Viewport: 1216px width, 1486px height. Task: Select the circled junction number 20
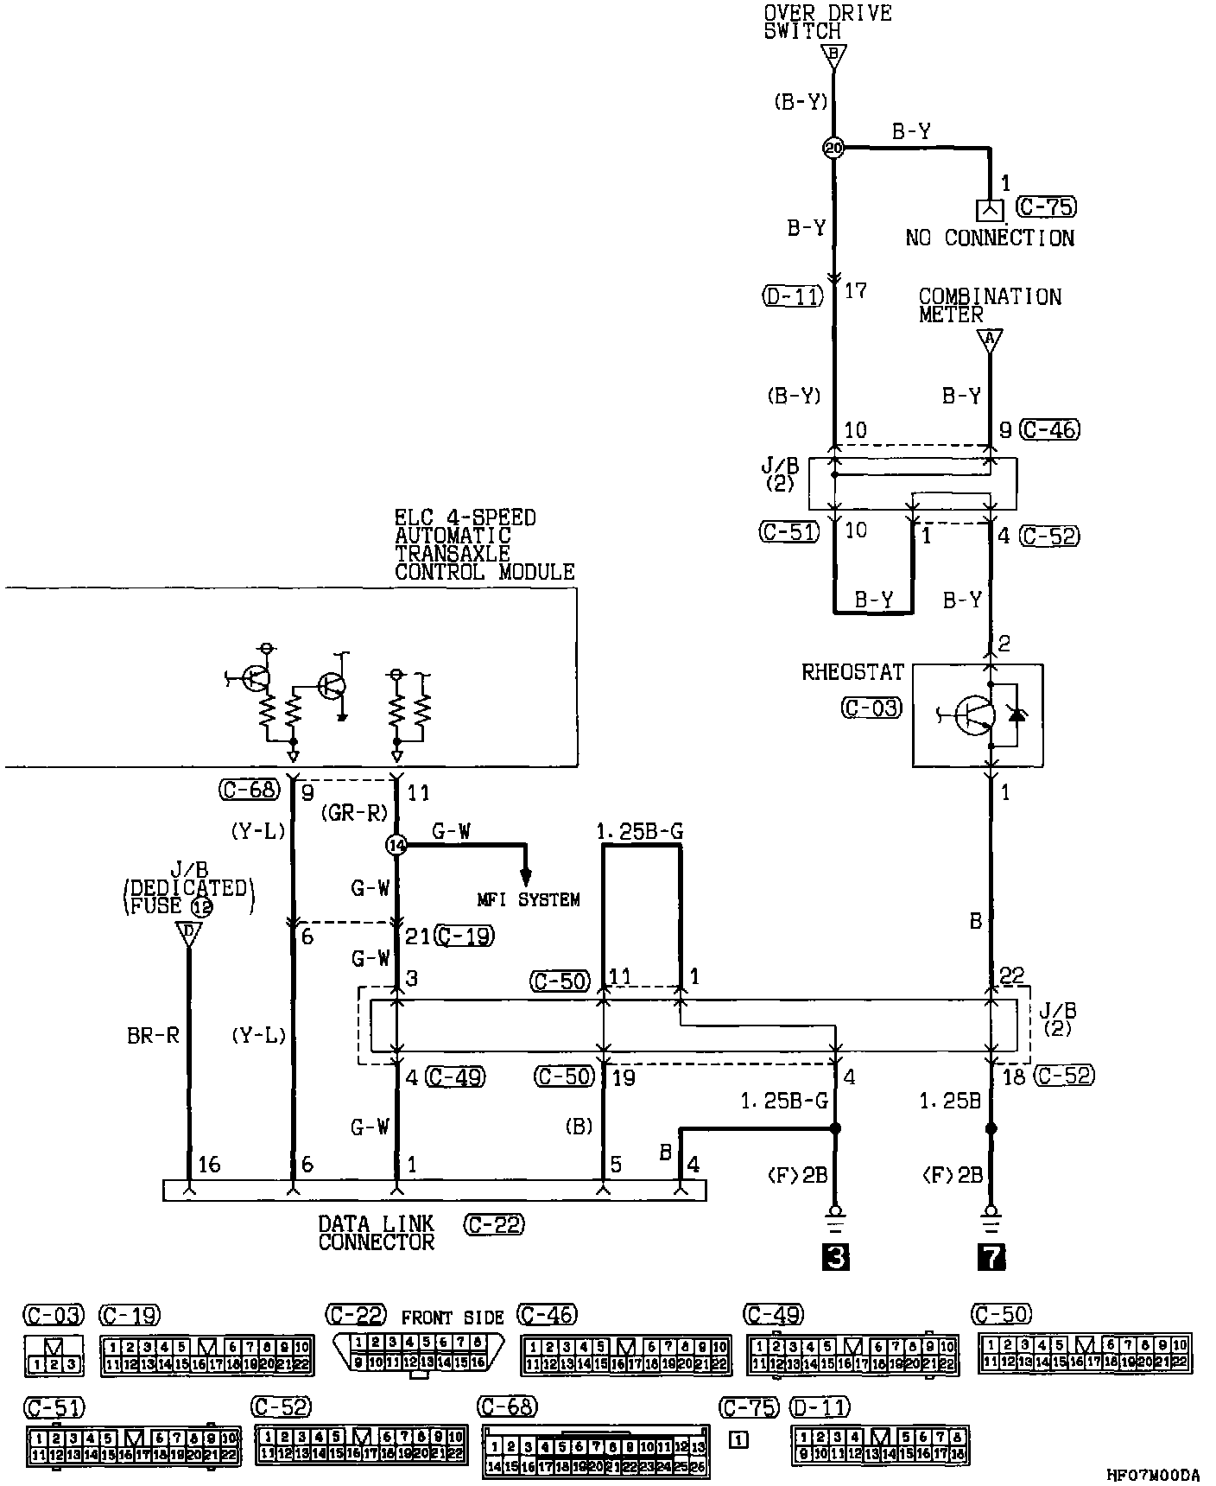(833, 149)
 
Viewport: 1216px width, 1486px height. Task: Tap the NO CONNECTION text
(990, 238)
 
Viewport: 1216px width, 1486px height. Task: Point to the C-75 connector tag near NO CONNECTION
(1047, 207)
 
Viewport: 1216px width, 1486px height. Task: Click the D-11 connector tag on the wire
(792, 296)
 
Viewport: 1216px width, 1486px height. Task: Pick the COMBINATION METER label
(990, 306)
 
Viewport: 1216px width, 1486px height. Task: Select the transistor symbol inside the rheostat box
(972, 714)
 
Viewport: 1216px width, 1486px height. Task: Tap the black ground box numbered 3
(834, 1257)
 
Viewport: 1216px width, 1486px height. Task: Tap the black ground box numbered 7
(991, 1257)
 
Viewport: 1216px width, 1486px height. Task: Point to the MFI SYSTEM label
(529, 900)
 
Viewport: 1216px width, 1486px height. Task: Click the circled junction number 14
(397, 846)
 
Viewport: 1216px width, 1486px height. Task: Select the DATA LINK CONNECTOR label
(377, 1233)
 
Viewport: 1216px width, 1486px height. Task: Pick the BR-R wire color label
(153, 1035)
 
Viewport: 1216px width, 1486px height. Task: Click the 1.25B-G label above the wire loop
(639, 832)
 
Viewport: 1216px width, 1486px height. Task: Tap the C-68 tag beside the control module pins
(249, 790)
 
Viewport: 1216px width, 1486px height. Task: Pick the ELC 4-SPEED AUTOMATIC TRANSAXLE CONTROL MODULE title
(484, 544)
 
